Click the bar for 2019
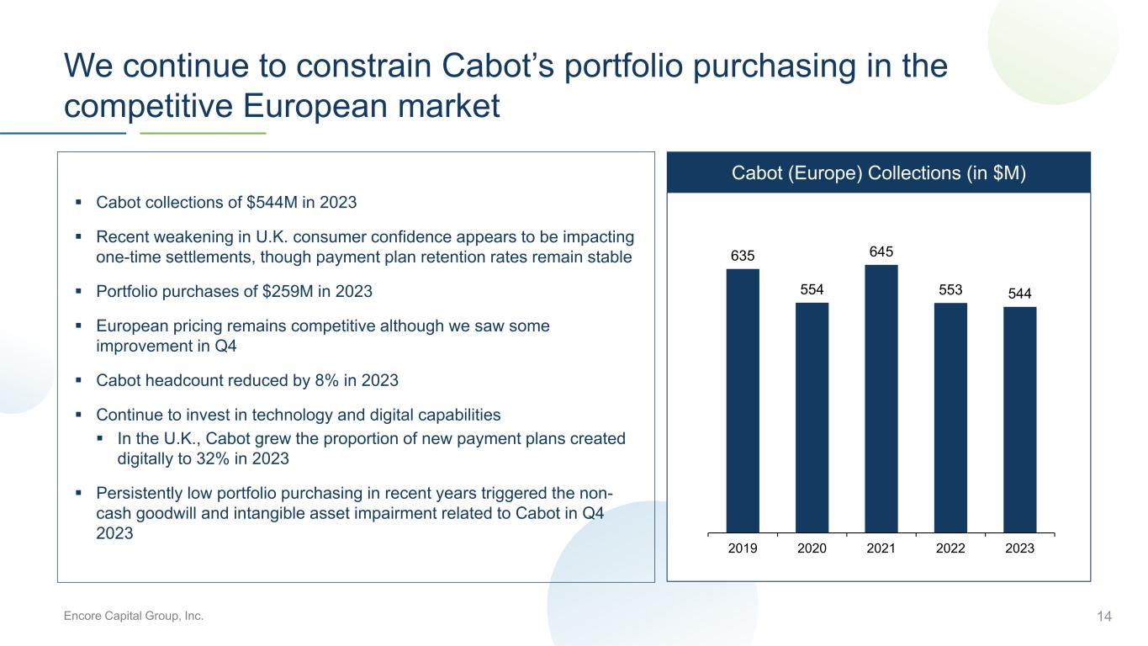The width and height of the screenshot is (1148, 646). [x=743, y=401]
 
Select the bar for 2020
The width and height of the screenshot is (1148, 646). [x=812, y=418]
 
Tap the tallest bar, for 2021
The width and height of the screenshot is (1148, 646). [x=881, y=399]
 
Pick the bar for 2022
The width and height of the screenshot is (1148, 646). [x=950, y=418]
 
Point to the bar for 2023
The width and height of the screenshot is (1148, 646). [x=1020, y=420]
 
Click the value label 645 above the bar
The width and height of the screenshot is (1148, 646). [x=881, y=252]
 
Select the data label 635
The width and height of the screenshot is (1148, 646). [x=743, y=256]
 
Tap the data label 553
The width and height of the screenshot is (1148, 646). [x=950, y=289]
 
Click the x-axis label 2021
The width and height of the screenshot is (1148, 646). [x=881, y=548]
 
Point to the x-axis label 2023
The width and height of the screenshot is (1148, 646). [x=1020, y=548]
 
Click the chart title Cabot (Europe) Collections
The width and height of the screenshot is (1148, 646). [x=846, y=172]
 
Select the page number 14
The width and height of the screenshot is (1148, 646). [x=1104, y=617]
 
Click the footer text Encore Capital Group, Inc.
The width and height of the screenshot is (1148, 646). [x=134, y=616]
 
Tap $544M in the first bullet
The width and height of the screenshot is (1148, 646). [x=272, y=203]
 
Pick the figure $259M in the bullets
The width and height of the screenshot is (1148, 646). [x=288, y=291]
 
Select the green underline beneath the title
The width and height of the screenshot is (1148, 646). [x=203, y=133]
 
